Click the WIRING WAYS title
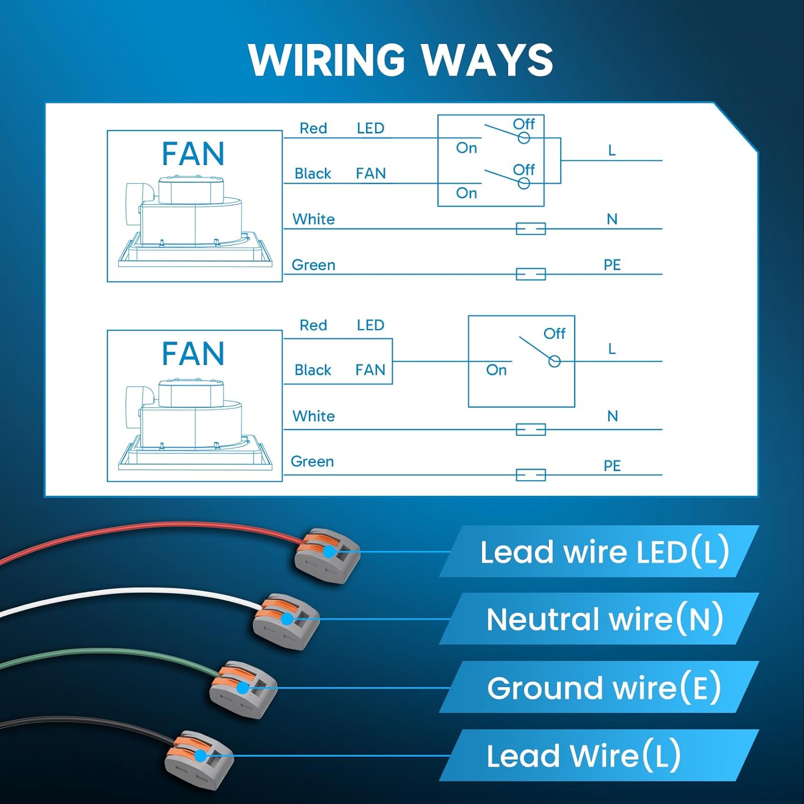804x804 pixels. click(x=401, y=60)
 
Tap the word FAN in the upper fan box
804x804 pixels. click(x=193, y=154)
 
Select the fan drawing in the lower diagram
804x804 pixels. click(x=195, y=423)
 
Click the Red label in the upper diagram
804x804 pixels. click(x=313, y=129)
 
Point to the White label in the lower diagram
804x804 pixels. click(x=314, y=416)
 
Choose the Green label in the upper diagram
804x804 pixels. click(x=314, y=265)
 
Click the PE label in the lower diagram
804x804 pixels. click(x=612, y=465)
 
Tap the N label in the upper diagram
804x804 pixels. click(x=612, y=219)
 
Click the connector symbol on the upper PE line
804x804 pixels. click(x=531, y=274)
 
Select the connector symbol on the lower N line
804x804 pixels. click(x=531, y=429)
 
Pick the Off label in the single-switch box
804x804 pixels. click(x=554, y=333)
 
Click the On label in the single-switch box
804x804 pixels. click(x=496, y=370)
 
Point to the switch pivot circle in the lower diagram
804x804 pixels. click(x=555, y=361)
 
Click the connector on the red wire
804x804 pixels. click(x=327, y=555)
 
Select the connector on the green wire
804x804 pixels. click(x=243, y=689)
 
